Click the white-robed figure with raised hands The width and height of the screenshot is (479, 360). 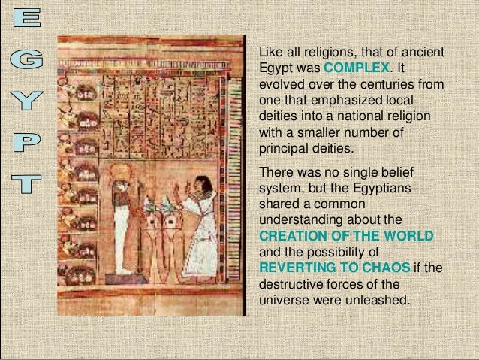coord(198,229)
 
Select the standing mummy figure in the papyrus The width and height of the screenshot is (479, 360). coord(122,225)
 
